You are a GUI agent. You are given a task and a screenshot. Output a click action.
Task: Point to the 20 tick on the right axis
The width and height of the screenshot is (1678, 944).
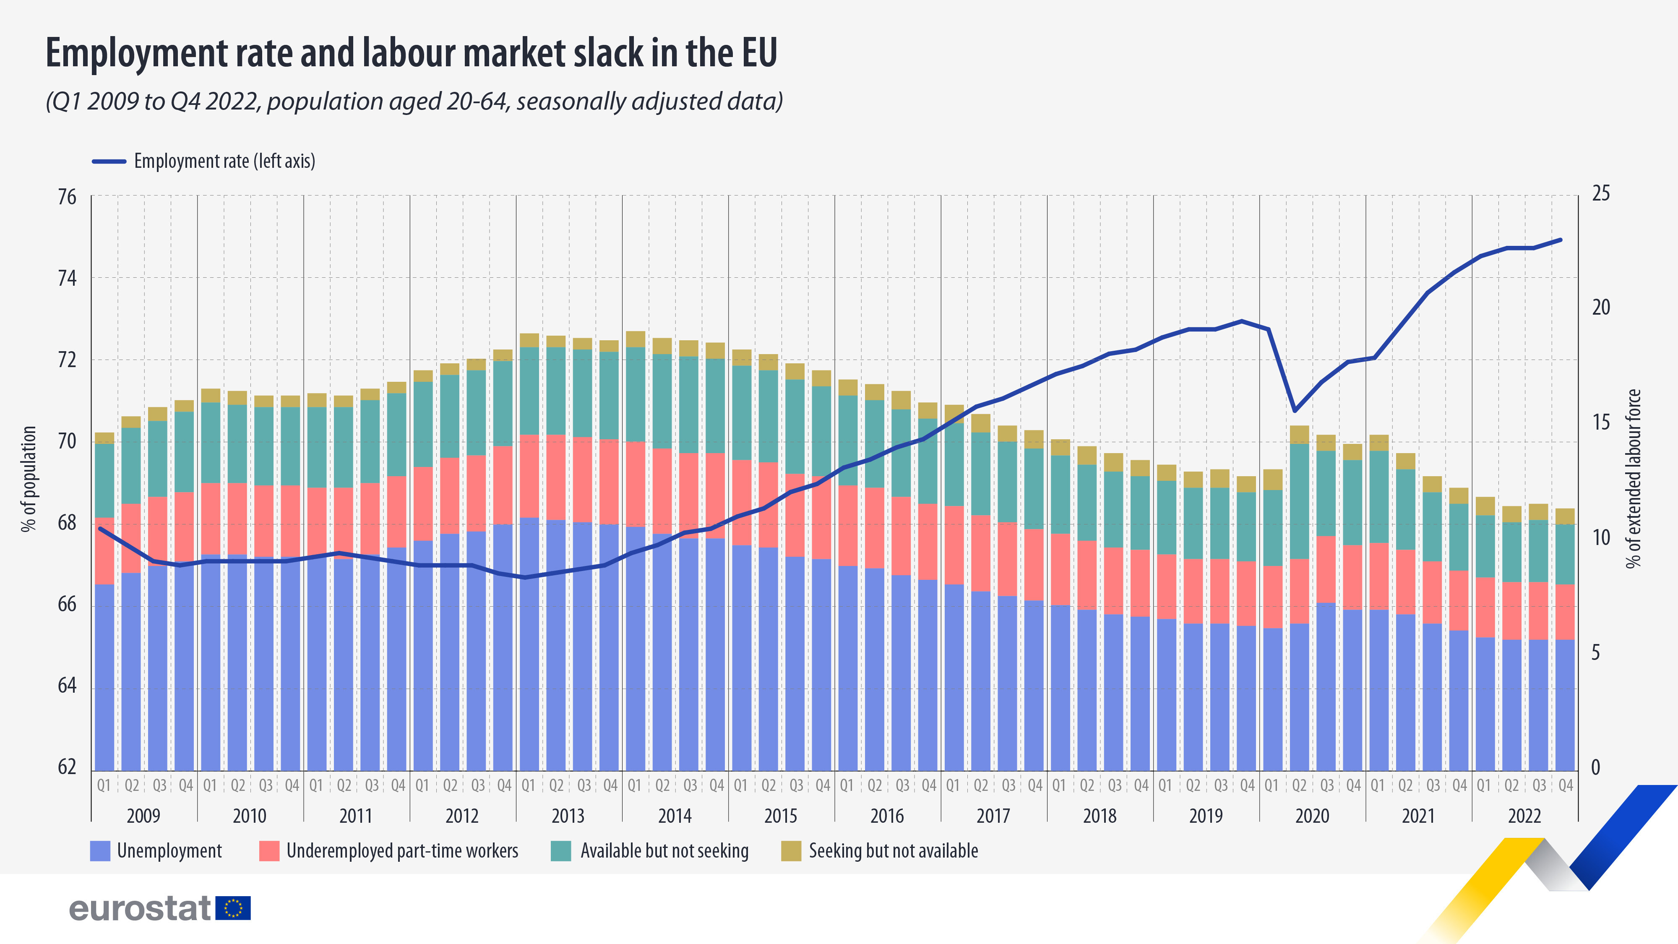click(1600, 308)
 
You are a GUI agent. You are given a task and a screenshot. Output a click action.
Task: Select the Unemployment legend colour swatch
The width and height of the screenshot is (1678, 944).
click(100, 851)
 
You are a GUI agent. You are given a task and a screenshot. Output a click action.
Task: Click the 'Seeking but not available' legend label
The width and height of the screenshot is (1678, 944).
click(893, 851)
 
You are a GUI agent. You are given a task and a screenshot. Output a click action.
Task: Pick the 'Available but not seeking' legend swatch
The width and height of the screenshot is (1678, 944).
click(560, 851)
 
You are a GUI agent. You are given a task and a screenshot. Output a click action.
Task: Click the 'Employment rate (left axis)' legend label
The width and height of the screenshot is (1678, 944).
click(224, 161)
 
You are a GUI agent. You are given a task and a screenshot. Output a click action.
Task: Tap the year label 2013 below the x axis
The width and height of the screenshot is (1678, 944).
click(568, 816)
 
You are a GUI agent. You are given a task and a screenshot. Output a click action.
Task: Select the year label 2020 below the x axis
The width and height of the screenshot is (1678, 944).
click(1312, 816)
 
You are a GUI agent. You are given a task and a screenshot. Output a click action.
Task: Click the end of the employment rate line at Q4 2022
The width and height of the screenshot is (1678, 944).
click(1561, 240)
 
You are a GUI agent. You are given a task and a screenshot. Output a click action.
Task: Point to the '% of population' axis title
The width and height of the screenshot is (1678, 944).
click(29, 479)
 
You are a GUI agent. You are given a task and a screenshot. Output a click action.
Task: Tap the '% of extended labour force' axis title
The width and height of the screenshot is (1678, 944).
click(1633, 479)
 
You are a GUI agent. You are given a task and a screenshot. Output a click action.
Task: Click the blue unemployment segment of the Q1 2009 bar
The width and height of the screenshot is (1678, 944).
click(104, 678)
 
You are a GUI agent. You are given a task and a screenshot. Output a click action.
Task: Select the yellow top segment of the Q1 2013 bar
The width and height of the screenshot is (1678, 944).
click(529, 340)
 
